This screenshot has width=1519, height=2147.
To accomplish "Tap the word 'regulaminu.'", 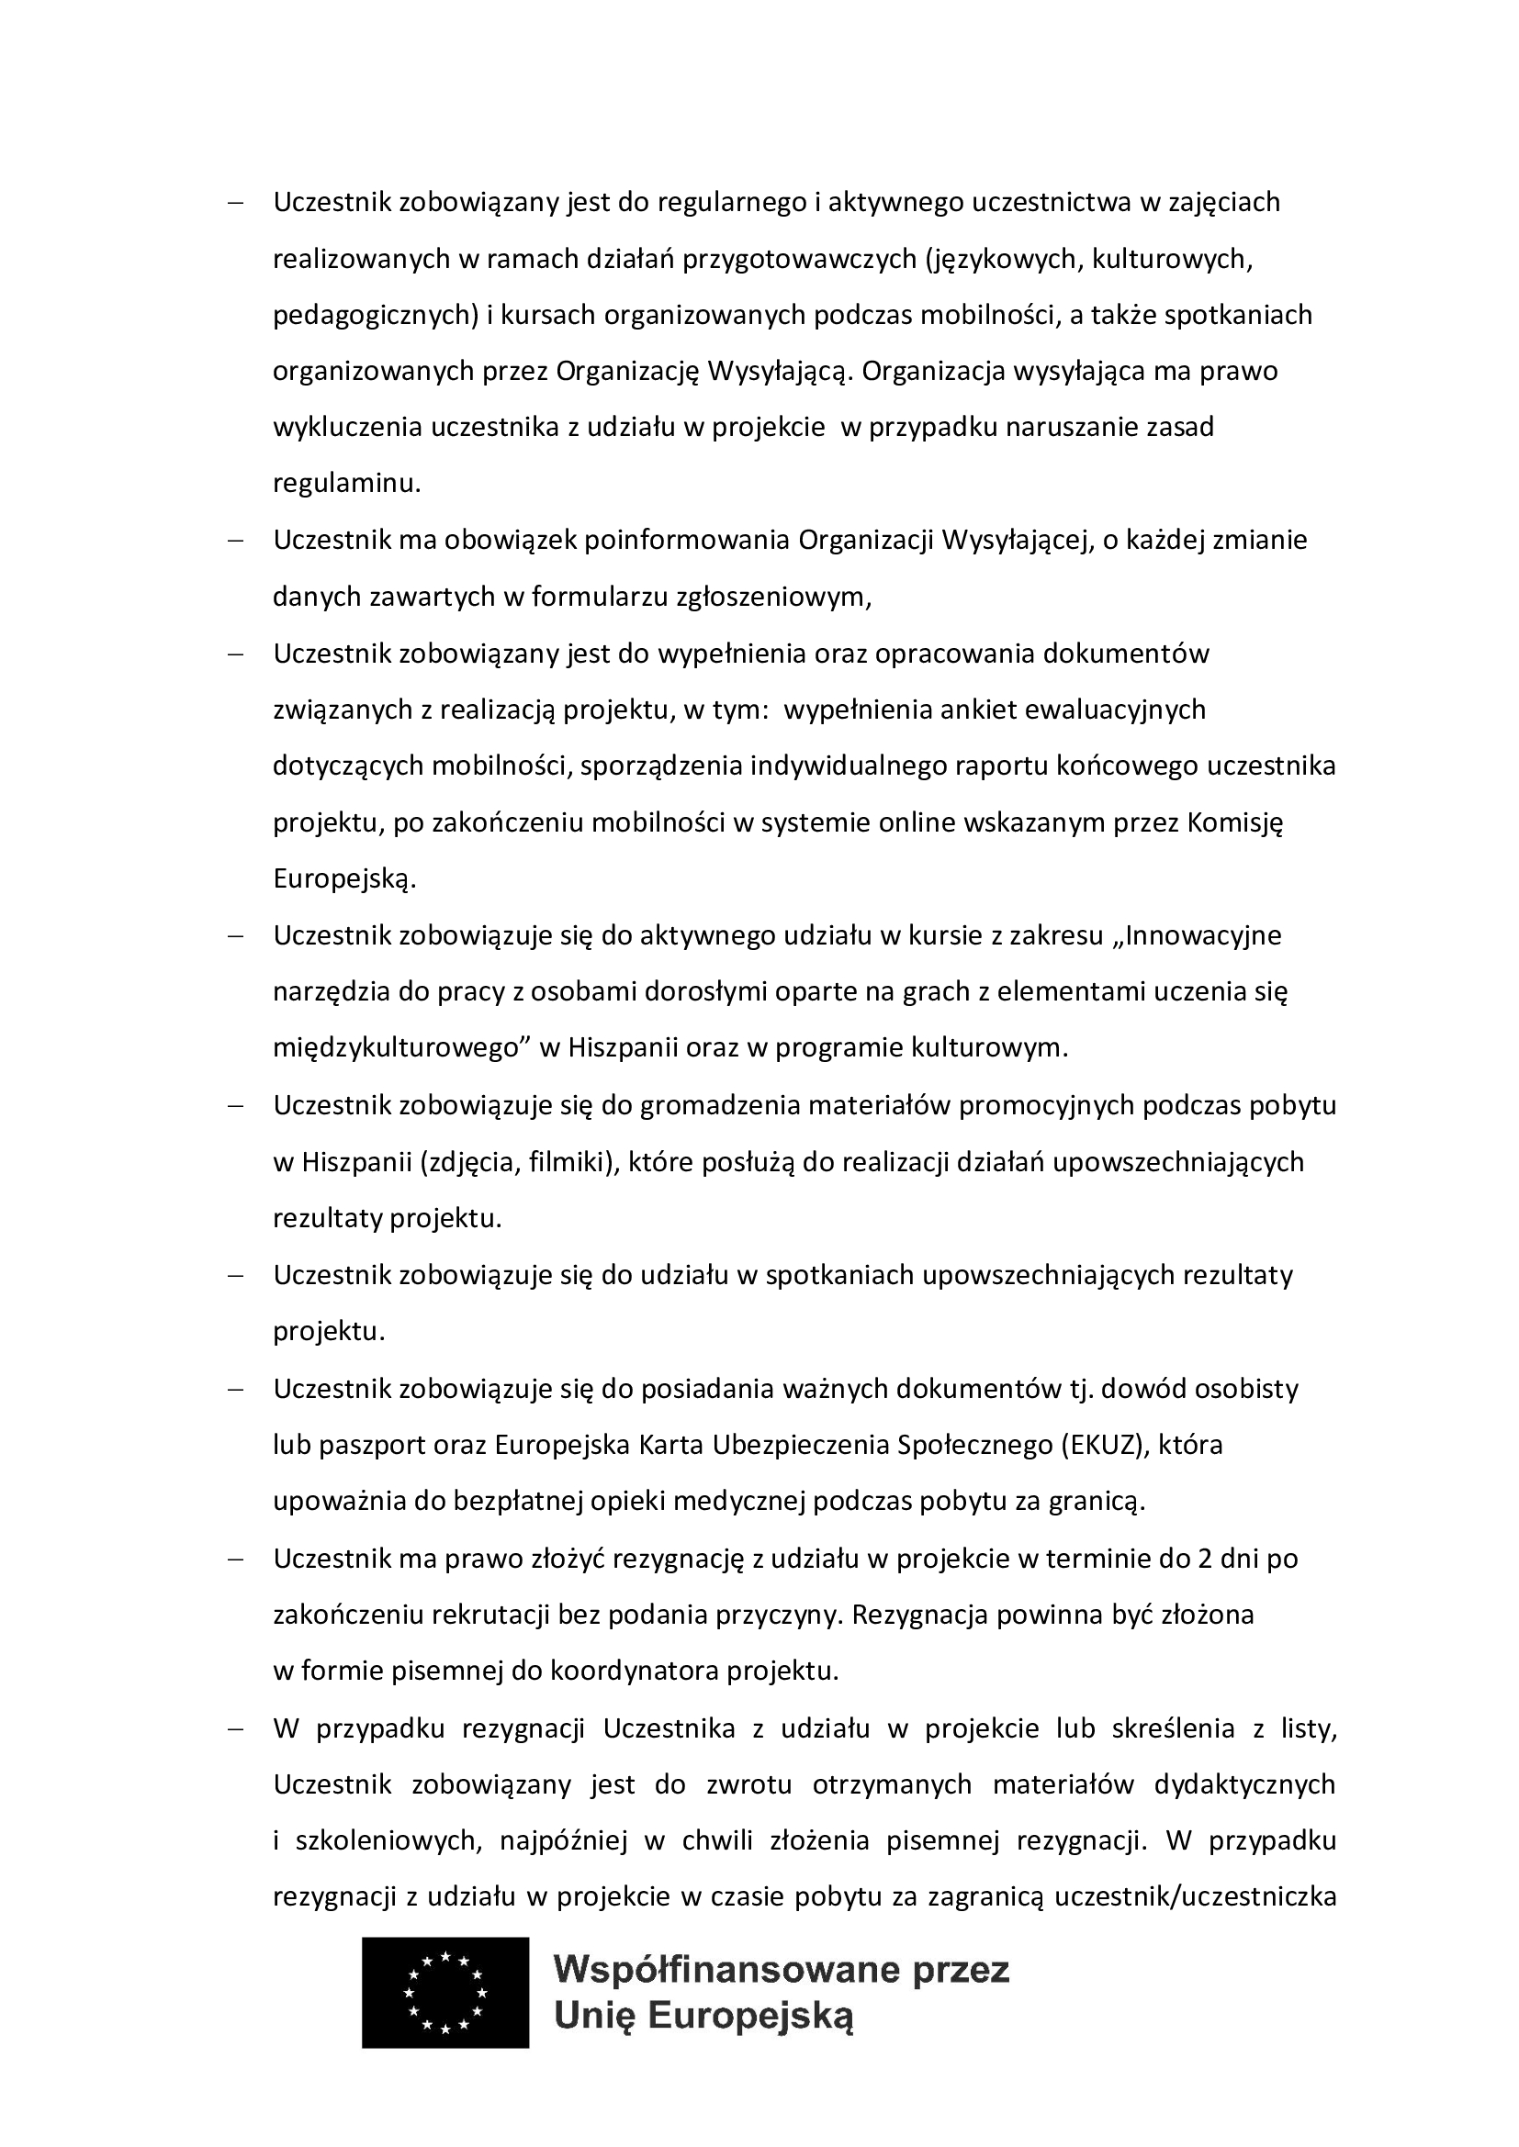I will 347,485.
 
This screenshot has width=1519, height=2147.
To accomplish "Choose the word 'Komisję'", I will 1235,822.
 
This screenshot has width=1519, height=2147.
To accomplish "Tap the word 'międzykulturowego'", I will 396,1048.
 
